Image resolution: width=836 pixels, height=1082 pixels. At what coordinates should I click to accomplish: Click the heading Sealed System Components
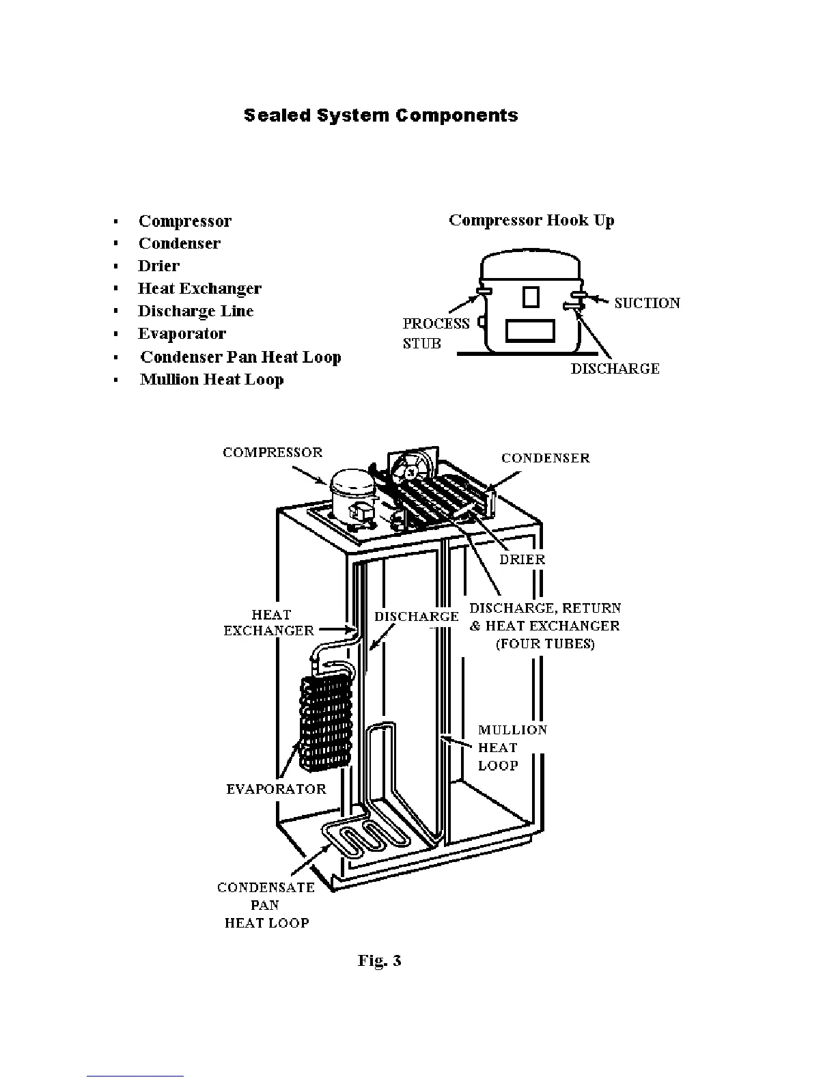pos(380,115)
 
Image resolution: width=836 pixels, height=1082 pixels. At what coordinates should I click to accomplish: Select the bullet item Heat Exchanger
pos(199,289)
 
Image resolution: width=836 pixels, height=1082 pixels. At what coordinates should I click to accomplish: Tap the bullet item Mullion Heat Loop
pos(212,380)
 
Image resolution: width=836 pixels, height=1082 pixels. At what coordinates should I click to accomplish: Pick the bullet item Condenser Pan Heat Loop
pos(240,357)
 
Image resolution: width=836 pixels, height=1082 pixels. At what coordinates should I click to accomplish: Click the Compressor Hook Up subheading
pos(531,221)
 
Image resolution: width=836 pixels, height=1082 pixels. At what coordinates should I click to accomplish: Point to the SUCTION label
pos(647,303)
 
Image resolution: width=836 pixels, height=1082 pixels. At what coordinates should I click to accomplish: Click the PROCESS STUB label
pos(436,333)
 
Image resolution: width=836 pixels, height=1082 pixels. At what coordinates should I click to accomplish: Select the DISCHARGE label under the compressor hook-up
pos(615,369)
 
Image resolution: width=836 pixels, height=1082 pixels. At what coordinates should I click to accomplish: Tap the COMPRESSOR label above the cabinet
pos(273,452)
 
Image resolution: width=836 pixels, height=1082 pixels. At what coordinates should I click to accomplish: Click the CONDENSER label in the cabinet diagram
pos(545,458)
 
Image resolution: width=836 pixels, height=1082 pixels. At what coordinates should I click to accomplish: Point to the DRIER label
pos(522,559)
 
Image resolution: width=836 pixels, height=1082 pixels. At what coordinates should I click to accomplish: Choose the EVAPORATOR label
pos(276,790)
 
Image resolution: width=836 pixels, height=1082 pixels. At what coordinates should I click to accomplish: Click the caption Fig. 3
pos(379,960)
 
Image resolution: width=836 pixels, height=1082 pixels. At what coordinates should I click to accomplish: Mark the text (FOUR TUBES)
pos(545,644)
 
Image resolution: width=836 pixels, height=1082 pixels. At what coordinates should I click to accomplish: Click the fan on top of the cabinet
pos(411,471)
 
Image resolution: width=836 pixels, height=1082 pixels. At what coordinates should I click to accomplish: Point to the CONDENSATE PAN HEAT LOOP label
pos(266,905)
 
